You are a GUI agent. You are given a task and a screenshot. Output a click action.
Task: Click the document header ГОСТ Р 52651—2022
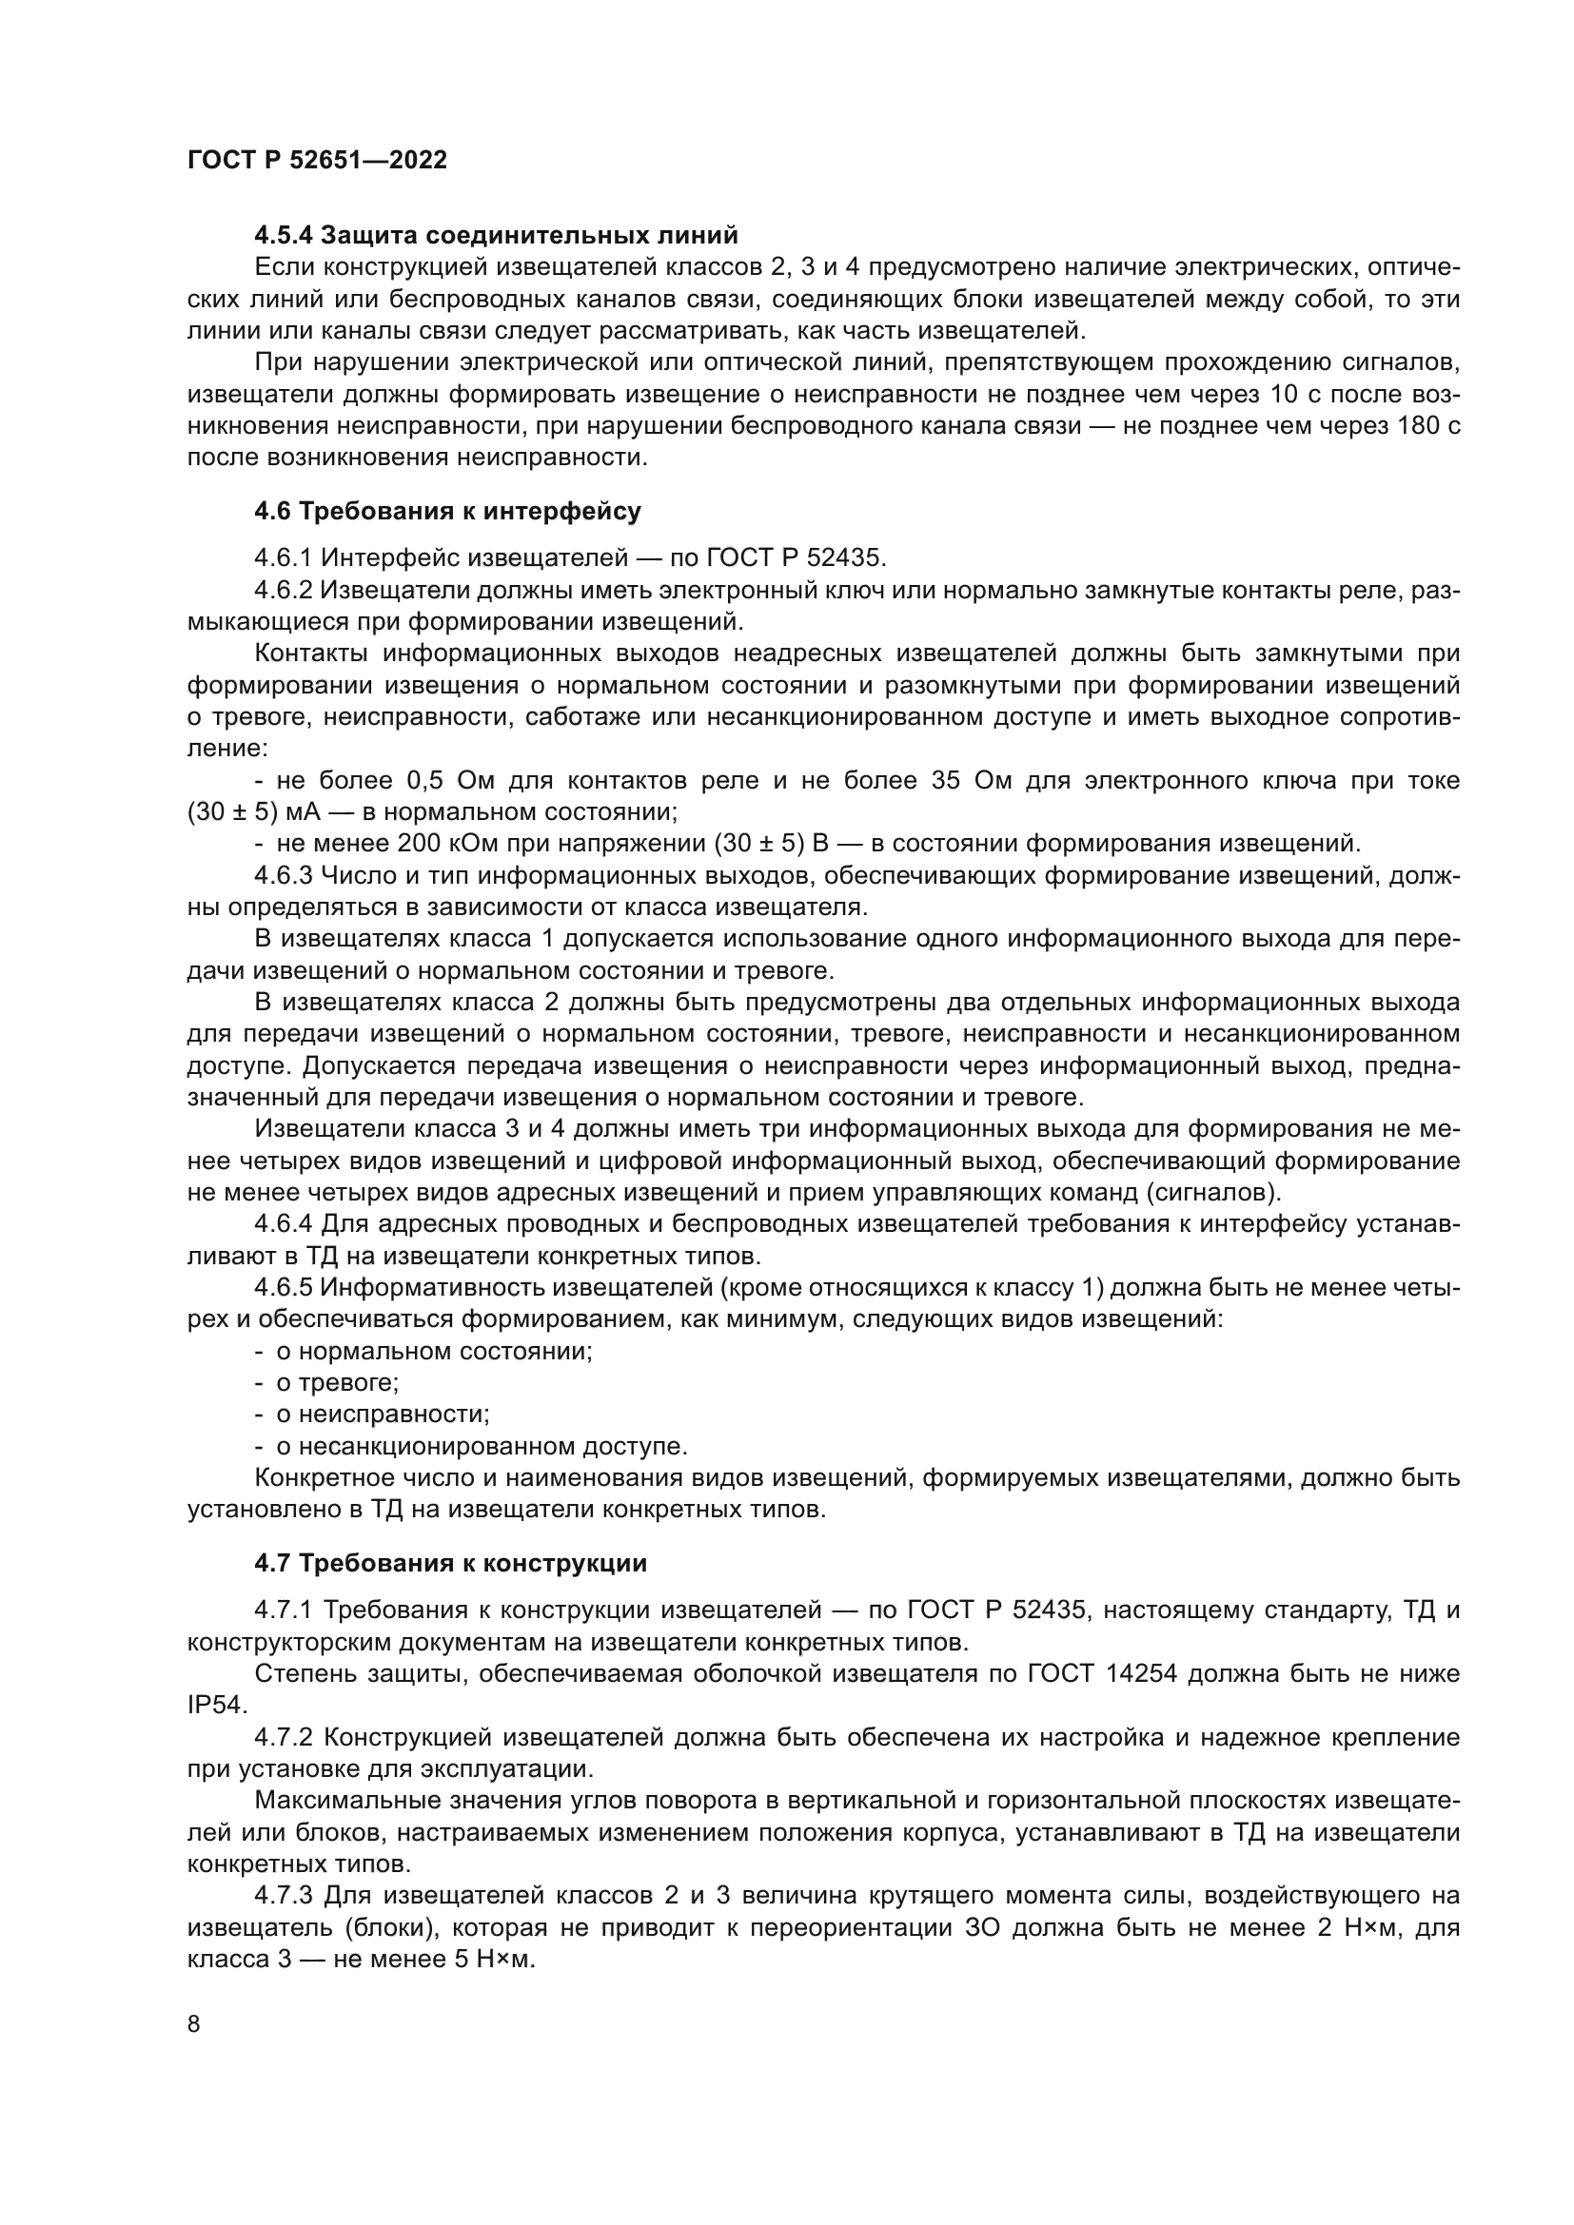coord(317,161)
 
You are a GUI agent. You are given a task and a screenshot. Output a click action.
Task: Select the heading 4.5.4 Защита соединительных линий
coord(495,236)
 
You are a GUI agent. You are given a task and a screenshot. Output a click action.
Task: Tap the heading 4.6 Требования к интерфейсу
coord(447,511)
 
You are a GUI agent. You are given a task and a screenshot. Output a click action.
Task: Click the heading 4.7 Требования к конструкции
coord(450,1563)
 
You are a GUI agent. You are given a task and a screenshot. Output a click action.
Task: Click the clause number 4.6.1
coord(283,557)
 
